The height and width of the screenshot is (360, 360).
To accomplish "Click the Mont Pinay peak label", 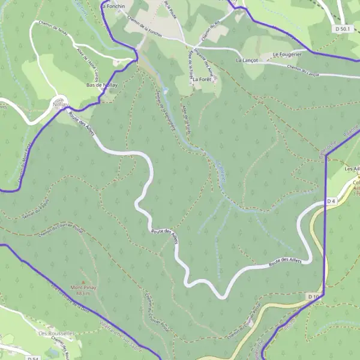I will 83,288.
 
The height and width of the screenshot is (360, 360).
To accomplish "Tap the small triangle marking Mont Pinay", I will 83,281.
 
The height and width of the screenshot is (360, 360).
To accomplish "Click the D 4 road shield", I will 331,200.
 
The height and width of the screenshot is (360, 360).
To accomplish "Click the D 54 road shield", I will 33,358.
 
